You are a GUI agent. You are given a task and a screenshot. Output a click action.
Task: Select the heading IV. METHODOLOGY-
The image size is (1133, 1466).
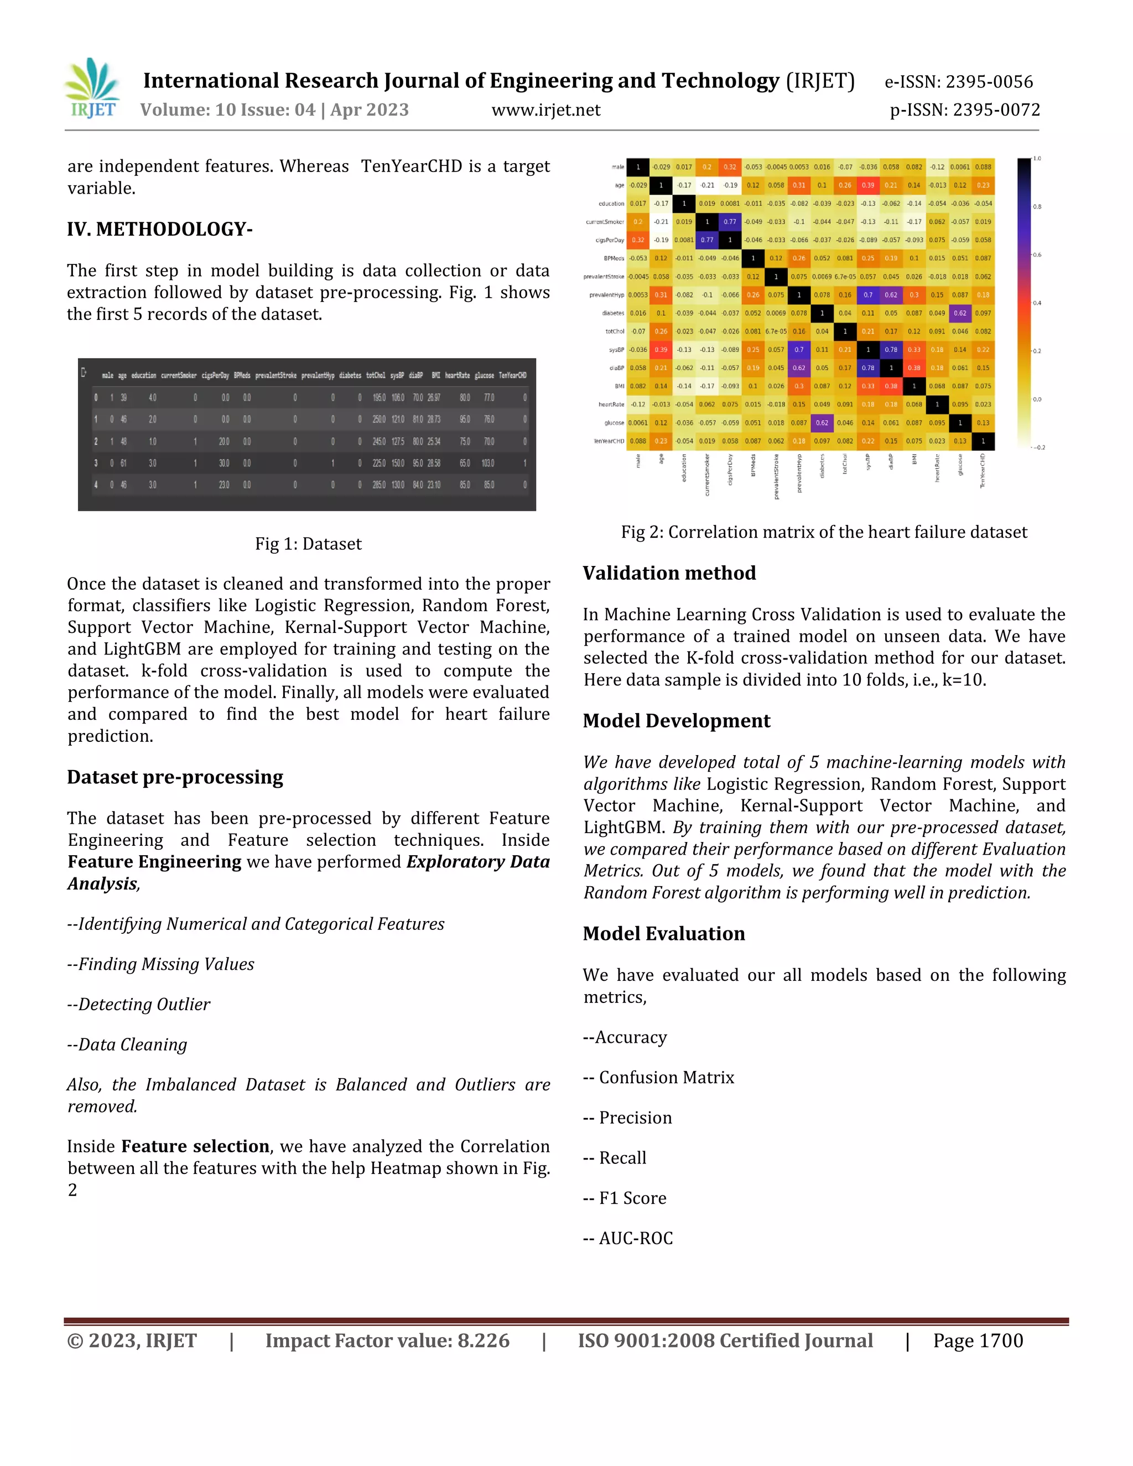click(160, 230)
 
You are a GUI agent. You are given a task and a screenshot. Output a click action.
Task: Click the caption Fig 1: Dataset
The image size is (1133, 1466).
click(308, 544)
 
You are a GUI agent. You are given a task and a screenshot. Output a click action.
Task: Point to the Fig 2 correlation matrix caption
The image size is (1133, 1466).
click(824, 532)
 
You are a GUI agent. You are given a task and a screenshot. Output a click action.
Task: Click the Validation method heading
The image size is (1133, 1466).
click(669, 573)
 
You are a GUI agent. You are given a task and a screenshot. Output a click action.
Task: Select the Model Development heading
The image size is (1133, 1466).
click(677, 721)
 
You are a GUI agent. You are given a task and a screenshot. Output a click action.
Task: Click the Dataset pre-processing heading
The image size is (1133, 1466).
click(175, 777)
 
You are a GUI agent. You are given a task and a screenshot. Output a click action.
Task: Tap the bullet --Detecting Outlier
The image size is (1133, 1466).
click(139, 1004)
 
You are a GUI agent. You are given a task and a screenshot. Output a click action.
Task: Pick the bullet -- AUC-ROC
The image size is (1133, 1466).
click(628, 1239)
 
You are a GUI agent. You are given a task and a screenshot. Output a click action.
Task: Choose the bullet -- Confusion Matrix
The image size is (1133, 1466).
click(658, 1077)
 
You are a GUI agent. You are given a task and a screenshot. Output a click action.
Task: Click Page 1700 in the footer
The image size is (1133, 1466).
click(978, 1340)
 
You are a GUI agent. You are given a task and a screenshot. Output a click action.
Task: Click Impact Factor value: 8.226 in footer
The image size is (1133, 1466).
click(387, 1340)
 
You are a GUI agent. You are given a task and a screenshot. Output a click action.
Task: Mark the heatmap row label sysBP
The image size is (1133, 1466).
click(616, 350)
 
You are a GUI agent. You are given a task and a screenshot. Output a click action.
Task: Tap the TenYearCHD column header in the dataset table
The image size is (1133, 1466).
click(512, 376)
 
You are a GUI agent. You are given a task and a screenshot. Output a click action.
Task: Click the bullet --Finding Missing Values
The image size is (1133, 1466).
click(161, 965)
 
